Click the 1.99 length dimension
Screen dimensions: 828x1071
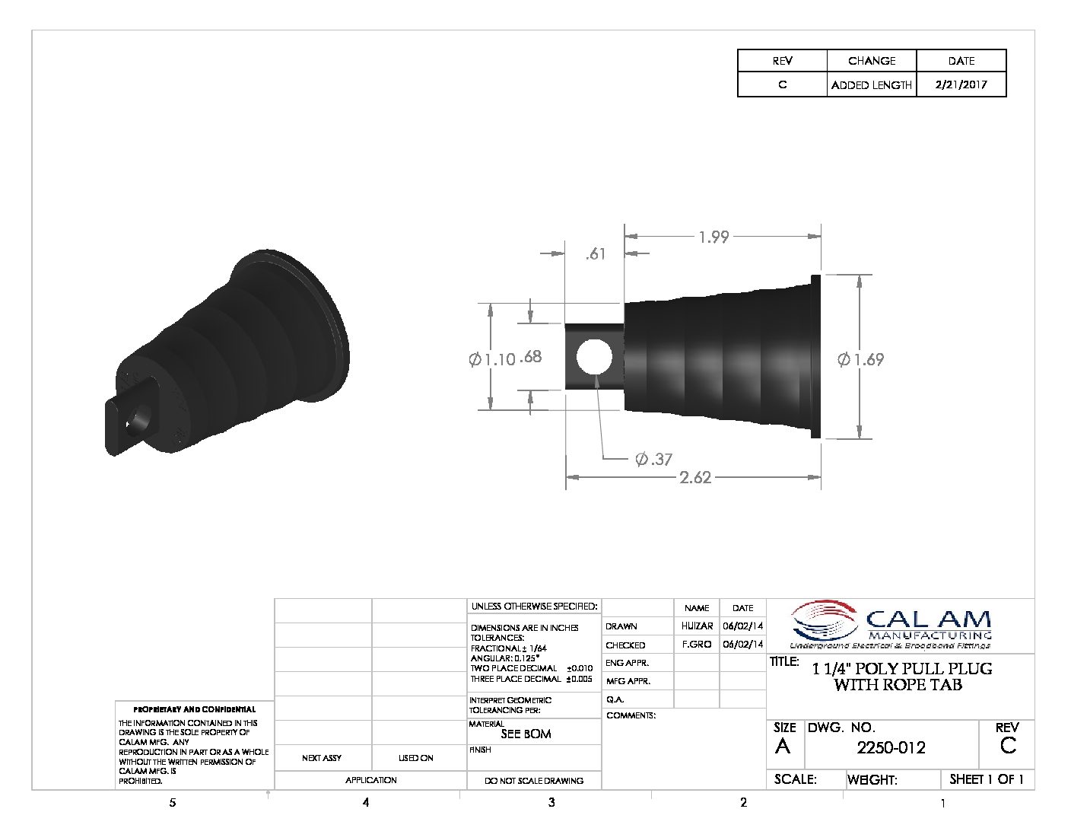pos(713,237)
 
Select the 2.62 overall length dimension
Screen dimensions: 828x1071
pos(694,477)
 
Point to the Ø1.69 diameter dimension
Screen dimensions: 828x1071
pos(860,359)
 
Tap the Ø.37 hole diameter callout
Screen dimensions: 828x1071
pos(653,459)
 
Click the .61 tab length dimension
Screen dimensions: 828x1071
pos(596,254)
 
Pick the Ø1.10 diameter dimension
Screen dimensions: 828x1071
pos(492,359)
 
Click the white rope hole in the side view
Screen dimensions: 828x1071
pos(594,357)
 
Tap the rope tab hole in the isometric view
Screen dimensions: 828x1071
pos(139,419)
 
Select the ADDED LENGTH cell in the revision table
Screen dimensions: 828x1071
pos(871,85)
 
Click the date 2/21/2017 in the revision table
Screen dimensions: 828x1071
pos(961,85)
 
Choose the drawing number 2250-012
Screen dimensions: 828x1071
pos(891,748)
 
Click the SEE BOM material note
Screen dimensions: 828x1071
pos(526,734)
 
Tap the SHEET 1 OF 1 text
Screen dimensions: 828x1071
pos(987,779)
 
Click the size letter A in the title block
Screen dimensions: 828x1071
pos(783,747)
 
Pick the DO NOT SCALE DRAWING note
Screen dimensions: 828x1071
pos(534,780)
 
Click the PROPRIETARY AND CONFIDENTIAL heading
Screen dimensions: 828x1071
pos(195,709)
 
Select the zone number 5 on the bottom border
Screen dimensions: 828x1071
pos(173,802)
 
